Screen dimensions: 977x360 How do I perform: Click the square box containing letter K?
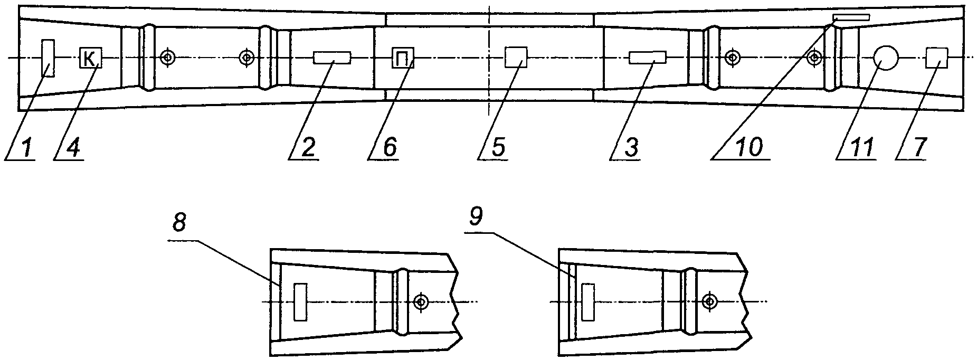click(x=90, y=58)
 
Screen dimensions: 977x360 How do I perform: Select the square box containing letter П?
click(x=403, y=58)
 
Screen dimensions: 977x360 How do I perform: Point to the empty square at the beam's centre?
click(x=516, y=58)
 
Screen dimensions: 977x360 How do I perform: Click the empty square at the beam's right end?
click(x=937, y=58)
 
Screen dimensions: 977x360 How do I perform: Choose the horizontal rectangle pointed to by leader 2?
click(x=332, y=58)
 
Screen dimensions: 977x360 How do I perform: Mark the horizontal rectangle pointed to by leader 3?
click(x=647, y=58)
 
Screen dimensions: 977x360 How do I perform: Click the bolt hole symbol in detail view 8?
click(x=421, y=302)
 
